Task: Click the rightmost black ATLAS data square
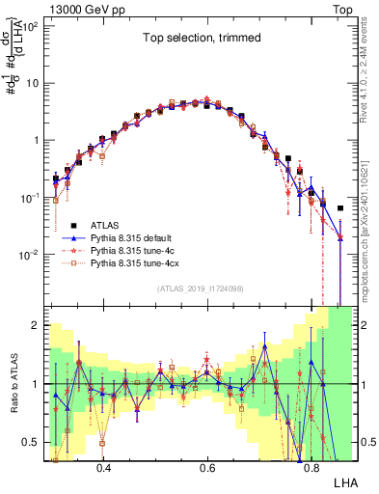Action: [339, 207]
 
